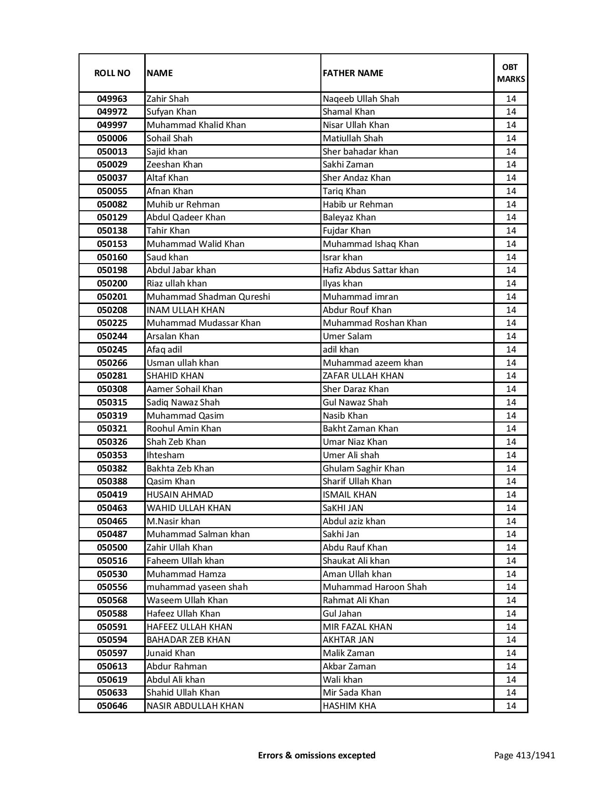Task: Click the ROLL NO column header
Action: tap(112, 73)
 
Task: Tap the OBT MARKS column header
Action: tap(511, 73)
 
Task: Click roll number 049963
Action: tap(112, 99)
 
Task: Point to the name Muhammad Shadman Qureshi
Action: tap(208, 297)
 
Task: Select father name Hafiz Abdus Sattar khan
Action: tap(370, 270)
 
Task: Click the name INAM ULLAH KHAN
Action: tap(186, 310)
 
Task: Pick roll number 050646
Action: tap(112, 706)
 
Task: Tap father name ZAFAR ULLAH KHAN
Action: tap(363, 376)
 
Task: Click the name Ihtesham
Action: tap(165, 455)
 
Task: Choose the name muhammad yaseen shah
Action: tap(197, 587)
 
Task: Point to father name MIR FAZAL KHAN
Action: tap(358, 627)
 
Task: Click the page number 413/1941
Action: tap(524, 755)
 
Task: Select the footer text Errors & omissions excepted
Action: tap(317, 755)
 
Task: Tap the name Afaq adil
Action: tap(164, 350)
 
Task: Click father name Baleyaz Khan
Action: tap(349, 217)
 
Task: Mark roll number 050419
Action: tap(112, 495)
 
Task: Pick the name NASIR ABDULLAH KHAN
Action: tap(195, 706)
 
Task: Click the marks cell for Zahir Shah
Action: tap(511, 99)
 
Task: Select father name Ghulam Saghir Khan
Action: tap(363, 469)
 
